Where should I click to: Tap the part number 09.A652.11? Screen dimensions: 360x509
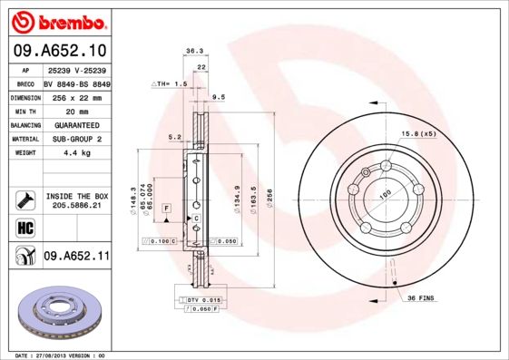(76, 257)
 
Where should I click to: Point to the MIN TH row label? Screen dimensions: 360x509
(24, 111)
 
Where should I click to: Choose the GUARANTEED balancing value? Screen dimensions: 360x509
(76, 125)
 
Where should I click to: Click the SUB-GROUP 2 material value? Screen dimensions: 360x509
(76, 139)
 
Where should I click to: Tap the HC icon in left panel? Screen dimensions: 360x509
(24, 227)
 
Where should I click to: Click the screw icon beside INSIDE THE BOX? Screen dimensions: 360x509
(24, 198)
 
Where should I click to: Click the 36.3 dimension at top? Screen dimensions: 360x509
(192, 52)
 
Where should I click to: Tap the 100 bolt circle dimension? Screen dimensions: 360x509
(384, 194)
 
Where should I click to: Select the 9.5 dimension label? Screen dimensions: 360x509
(218, 96)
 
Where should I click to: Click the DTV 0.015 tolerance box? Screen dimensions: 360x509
(203, 299)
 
